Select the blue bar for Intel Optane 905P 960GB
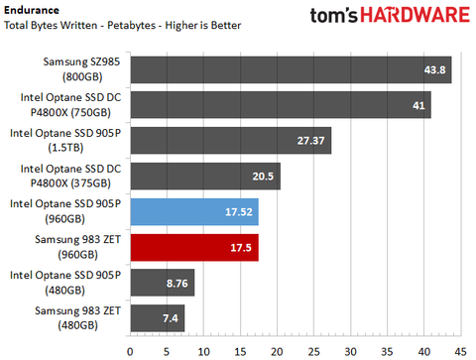pos(194,212)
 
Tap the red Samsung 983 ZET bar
pos(194,248)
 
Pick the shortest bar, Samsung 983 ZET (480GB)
pos(157,319)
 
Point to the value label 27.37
pos(310,141)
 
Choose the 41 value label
pos(415,105)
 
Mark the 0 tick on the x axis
pos(130,350)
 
